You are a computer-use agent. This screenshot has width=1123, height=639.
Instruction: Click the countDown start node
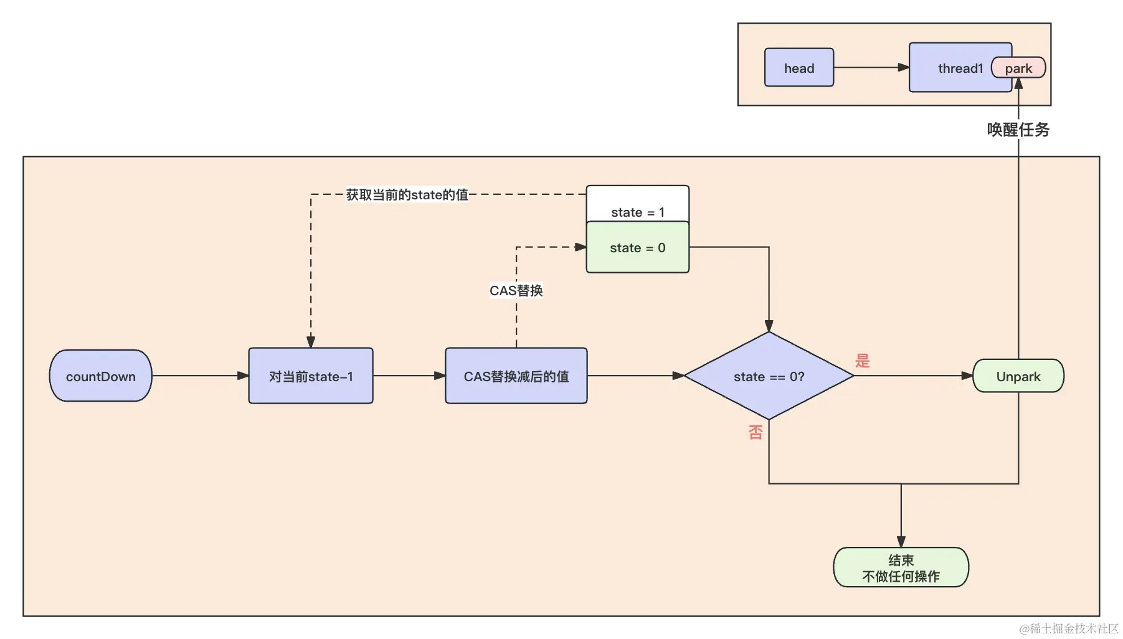click(x=100, y=376)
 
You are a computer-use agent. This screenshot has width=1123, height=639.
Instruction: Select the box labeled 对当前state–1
click(x=311, y=376)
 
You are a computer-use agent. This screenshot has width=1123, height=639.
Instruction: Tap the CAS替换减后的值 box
click(x=516, y=376)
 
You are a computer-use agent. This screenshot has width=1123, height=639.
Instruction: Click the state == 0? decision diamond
click(x=769, y=376)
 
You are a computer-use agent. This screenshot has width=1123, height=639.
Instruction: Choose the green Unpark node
click(x=1018, y=376)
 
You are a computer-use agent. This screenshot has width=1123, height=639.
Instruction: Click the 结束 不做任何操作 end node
click(x=901, y=567)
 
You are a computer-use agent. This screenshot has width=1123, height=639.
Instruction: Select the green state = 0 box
click(x=637, y=248)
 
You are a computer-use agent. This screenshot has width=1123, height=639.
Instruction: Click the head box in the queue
click(x=798, y=68)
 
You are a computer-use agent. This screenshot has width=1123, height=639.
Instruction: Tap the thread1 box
click(x=953, y=68)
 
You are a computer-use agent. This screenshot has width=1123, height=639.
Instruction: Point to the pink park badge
click(x=1018, y=68)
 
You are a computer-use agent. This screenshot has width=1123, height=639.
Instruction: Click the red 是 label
click(x=863, y=361)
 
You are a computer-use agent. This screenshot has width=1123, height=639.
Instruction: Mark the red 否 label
click(x=756, y=432)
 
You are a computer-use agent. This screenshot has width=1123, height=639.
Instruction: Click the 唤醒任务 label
click(x=1018, y=130)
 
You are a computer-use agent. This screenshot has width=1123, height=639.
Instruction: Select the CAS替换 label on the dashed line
click(x=516, y=291)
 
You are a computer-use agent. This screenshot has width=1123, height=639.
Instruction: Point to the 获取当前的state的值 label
click(x=407, y=195)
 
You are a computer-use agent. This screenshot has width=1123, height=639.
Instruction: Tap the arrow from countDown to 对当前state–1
click(x=200, y=376)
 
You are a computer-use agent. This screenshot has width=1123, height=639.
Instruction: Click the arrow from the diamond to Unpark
click(x=912, y=376)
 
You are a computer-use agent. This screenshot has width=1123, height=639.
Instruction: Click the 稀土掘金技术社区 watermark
click(x=1069, y=628)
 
